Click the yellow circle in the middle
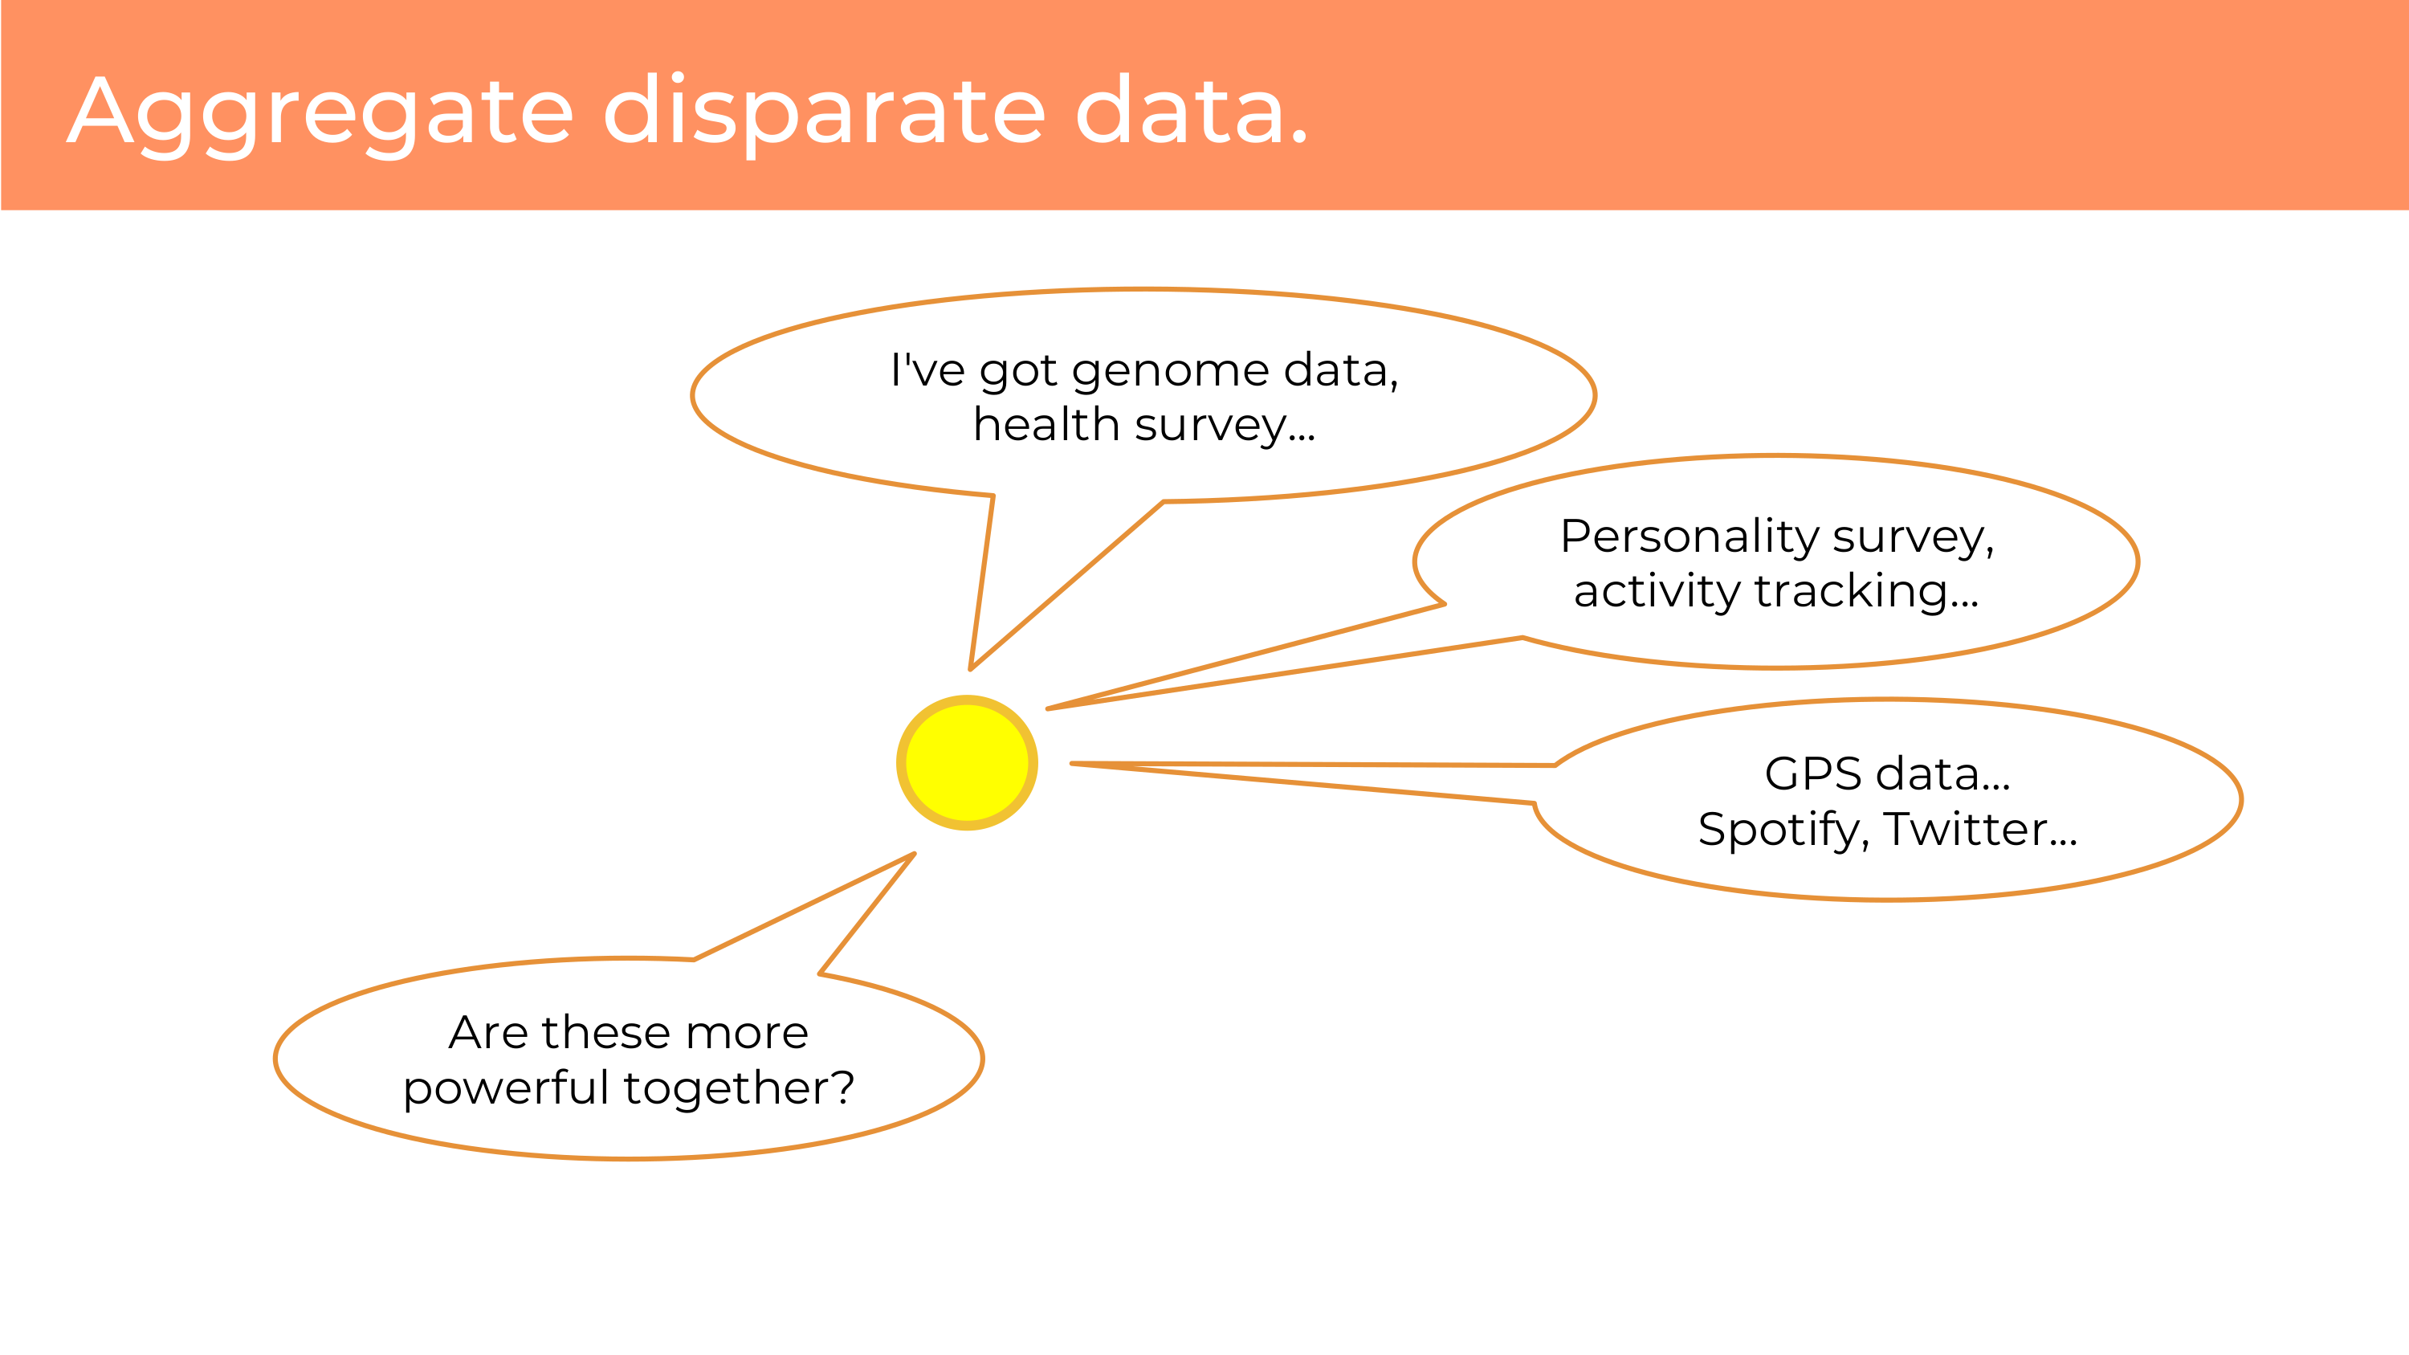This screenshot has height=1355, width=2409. click(967, 762)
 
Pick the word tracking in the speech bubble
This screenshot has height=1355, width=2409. click(1865, 592)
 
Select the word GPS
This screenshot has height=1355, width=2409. click(1813, 773)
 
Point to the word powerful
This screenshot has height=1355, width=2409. click(506, 1088)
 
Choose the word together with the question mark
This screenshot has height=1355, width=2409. click(739, 1088)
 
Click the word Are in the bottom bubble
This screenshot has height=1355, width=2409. click(488, 1032)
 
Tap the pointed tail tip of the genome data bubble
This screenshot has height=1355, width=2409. click(971, 670)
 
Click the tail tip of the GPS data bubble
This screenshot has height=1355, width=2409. click(1073, 764)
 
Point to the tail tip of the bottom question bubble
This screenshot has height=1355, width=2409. click(914, 854)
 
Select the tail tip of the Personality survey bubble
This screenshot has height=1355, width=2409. click(1047, 709)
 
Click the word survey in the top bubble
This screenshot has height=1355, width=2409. click(1211, 426)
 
